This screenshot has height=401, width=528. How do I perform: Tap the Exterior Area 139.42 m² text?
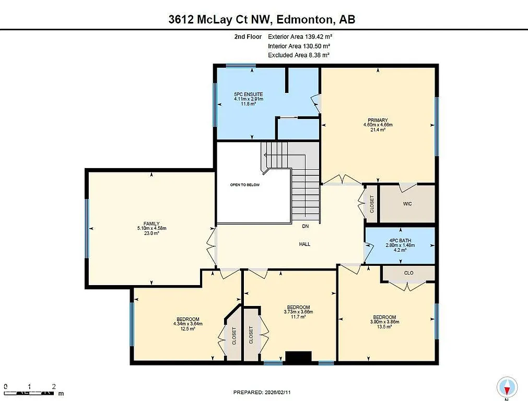click(300, 37)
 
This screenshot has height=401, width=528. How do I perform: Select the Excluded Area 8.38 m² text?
click(298, 55)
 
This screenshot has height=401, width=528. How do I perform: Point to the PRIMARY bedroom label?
click(378, 121)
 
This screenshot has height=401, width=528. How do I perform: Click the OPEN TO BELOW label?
click(244, 185)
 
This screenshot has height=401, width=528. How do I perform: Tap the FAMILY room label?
click(151, 223)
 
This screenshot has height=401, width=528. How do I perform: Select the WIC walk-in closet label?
click(407, 204)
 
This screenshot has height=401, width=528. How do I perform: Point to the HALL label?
click(305, 244)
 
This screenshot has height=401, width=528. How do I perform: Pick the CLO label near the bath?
click(408, 273)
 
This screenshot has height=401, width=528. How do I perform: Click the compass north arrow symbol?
click(507, 387)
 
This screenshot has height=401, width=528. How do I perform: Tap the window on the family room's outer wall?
click(87, 229)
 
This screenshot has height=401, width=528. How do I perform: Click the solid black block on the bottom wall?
click(298, 357)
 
